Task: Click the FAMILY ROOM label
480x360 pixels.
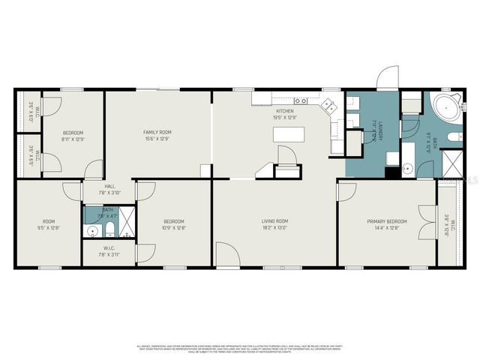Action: pyautogui.click(x=157, y=132)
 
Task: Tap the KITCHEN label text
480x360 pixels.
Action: pyautogui.click(x=285, y=111)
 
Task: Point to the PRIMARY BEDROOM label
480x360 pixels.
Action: pyautogui.click(x=387, y=221)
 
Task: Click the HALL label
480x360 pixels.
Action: pyautogui.click(x=109, y=187)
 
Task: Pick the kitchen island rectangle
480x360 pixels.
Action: pyautogui.click(x=286, y=134)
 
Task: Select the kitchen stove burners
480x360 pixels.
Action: pyautogui.click(x=300, y=100)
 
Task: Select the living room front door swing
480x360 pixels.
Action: pyautogui.click(x=227, y=255)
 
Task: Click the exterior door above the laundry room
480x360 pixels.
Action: pyautogui.click(x=387, y=78)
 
